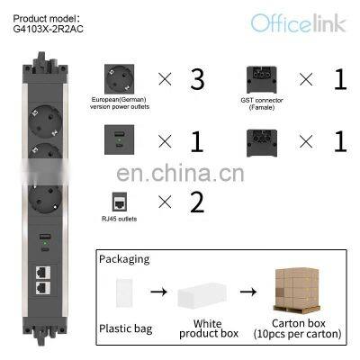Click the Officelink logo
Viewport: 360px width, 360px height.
(298, 22)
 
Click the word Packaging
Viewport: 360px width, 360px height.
(125, 258)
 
